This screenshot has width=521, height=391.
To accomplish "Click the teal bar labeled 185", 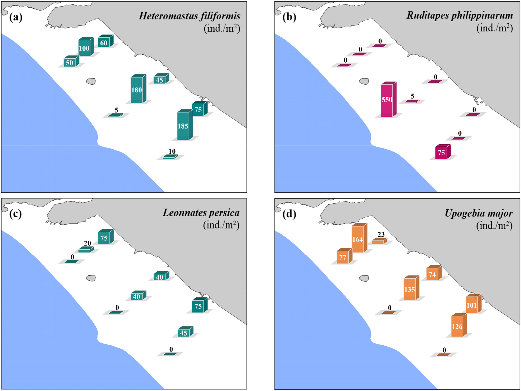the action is [x=185, y=125].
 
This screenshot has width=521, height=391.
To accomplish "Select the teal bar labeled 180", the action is [x=138, y=89].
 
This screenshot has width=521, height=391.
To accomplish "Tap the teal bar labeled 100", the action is [x=86, y=47].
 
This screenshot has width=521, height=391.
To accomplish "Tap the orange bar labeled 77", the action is [x=345, y=256].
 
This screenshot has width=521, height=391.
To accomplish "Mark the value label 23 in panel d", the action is [x=381, y=234].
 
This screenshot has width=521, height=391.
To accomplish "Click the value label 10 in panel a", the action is [x=172, y=151].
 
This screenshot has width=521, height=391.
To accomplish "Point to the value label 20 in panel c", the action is [x=87, y=243].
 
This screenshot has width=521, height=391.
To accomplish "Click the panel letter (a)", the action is [x=16, y=17].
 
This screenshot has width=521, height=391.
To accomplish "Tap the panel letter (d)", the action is [x=289, y=214].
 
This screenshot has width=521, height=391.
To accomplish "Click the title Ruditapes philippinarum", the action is [x=460, y=15].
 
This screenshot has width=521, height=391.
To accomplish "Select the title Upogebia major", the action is [x=478, y=213].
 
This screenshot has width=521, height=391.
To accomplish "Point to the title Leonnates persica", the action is [x=201, y=213].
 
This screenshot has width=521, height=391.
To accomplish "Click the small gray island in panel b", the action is [x=364, y=81].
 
